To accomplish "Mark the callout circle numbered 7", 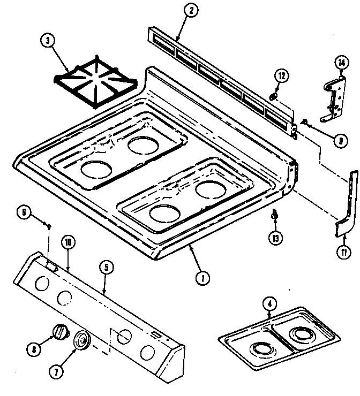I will (x=72, y=369).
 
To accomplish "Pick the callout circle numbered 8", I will (x=34, y=349).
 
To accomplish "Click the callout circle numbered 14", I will (x=341, y=63).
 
